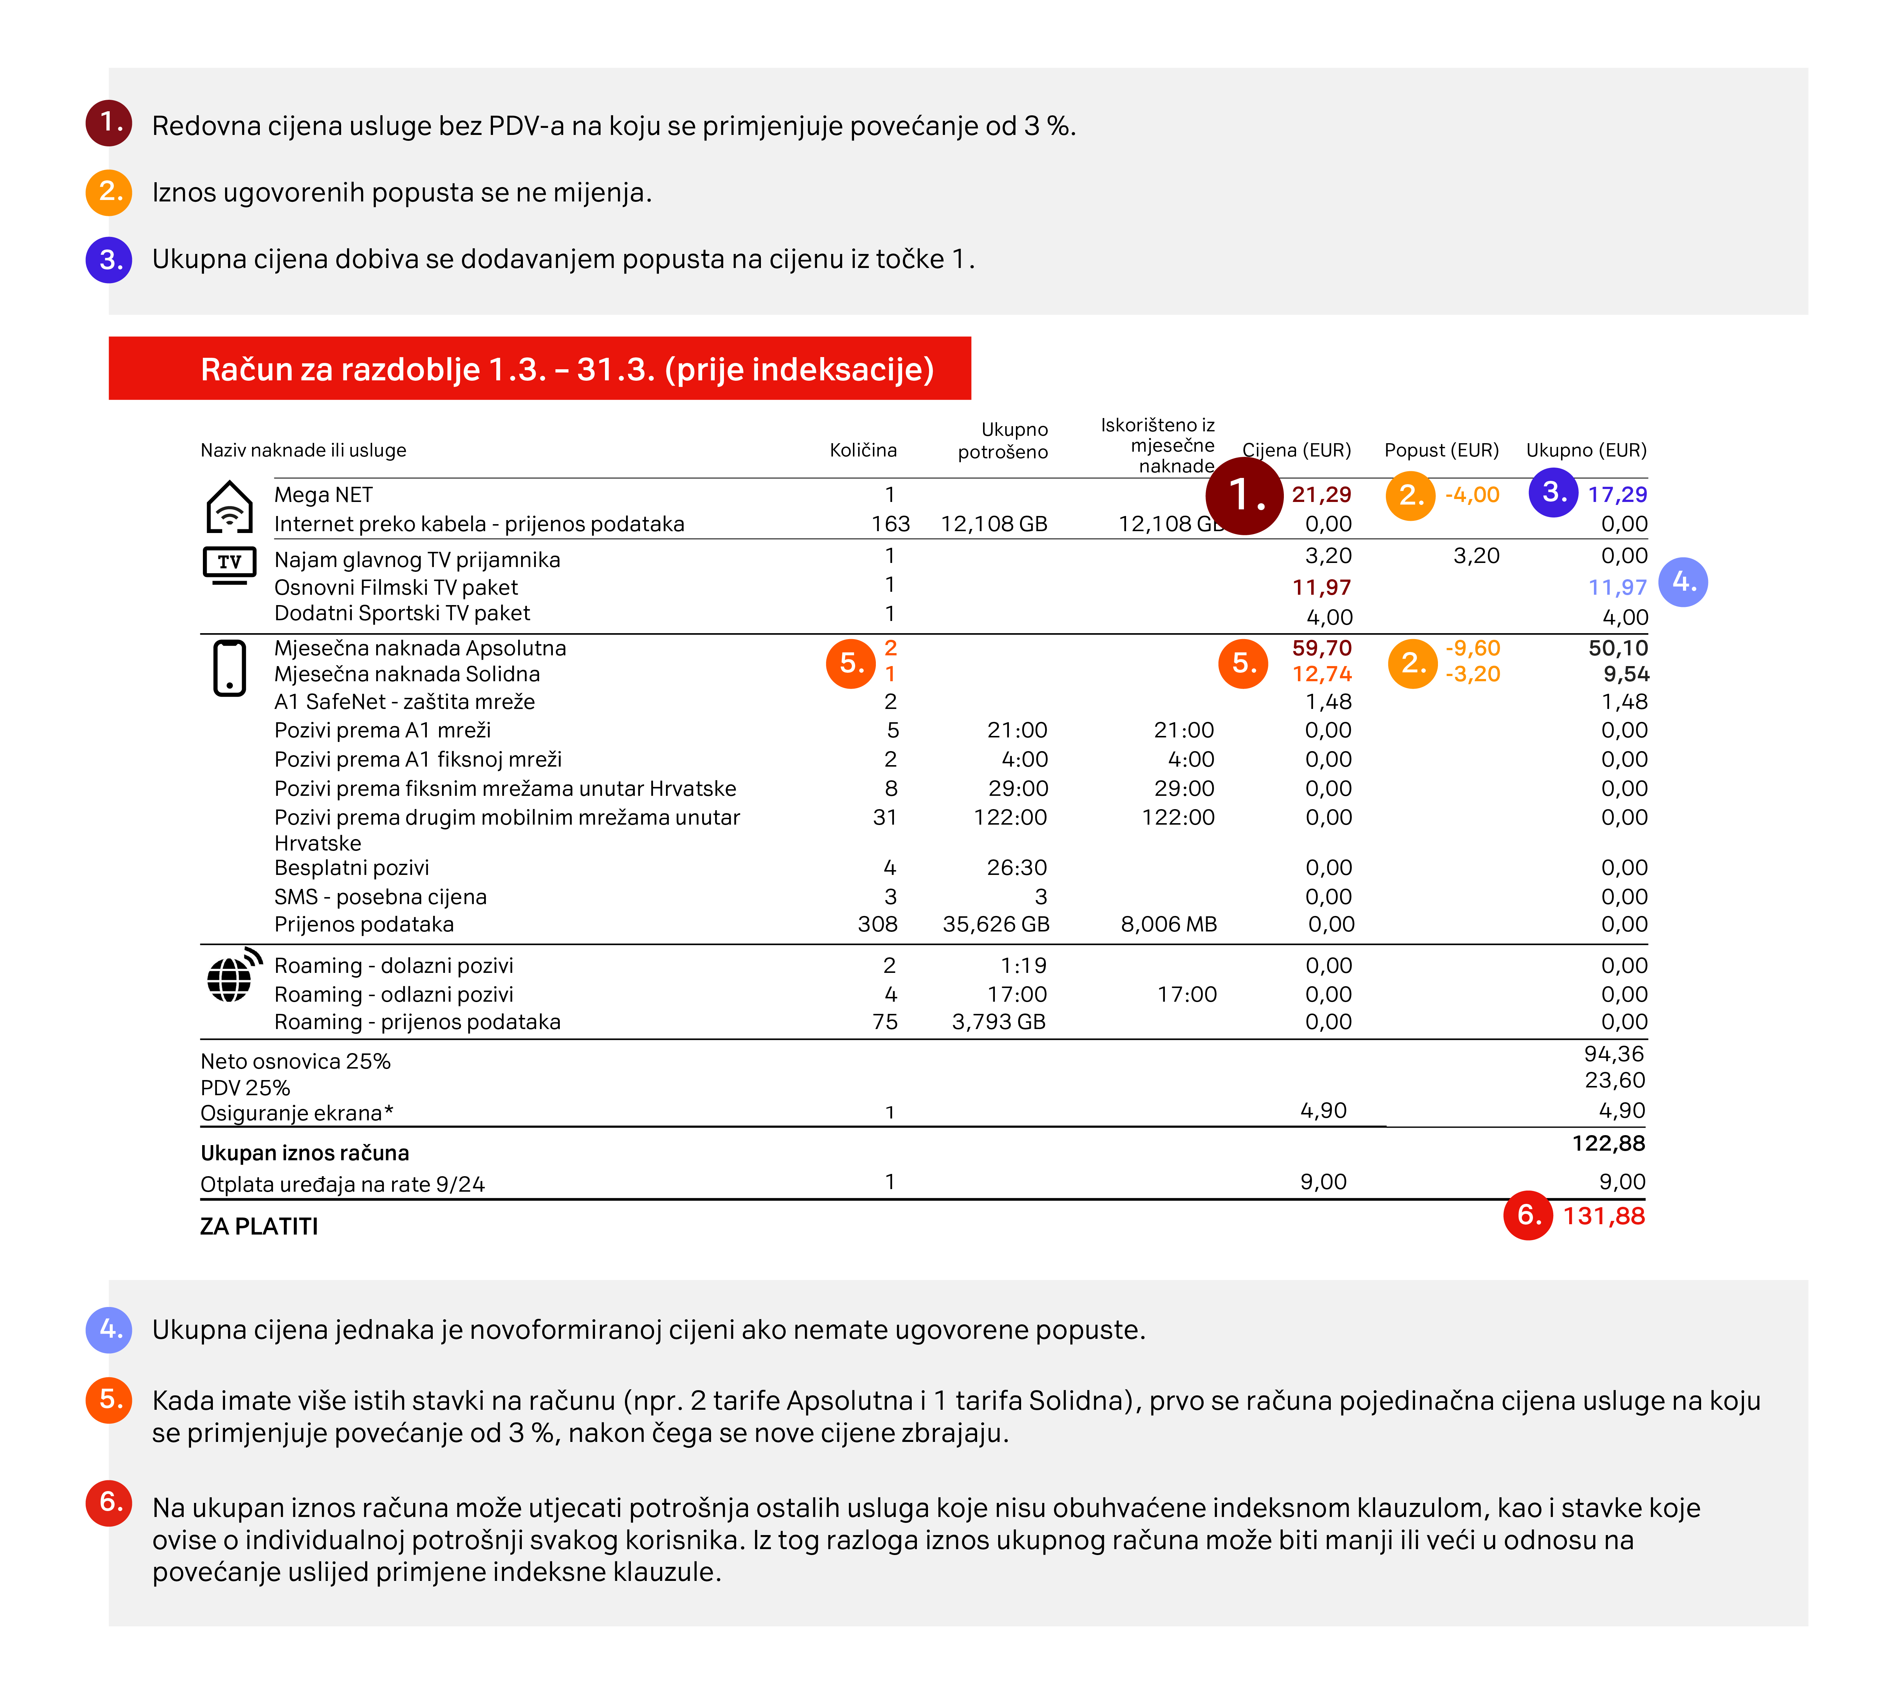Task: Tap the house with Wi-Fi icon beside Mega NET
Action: pyautogui.click(x=229, y=507)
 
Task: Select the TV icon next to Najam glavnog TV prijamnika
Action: pyautogui.click(x=229, y=564)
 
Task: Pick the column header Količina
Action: pyautogui.click(x=863, y=451)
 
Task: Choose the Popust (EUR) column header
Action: pyautogui.click(x=1441, y=451)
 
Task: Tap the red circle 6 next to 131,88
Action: pyautogui.click(x=1527, y=1215)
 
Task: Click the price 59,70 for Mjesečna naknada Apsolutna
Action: pyautogui.click(x=1322, y=648)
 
